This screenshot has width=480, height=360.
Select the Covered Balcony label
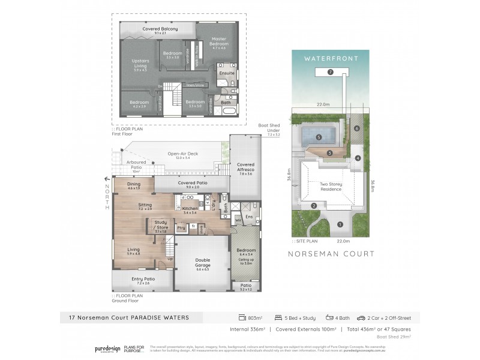click(158, 29)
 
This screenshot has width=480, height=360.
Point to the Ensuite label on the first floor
click(226, 73)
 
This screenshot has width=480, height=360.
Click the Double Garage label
click(203, 263)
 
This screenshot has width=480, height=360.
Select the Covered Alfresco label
click(245, 167)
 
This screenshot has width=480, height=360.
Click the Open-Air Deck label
click(179, 155)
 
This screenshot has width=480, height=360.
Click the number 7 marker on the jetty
click(331, 72)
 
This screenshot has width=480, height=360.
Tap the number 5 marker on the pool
click(319, 137)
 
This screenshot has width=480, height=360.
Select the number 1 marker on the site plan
click(340, 225)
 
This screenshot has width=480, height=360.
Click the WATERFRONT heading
click(331, 59)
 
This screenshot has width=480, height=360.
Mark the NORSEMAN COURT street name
click(331, 254)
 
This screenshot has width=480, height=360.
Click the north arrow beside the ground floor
click(107, 178)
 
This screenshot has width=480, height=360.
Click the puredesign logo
click(107, 349)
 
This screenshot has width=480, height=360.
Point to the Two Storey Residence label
click(331, 187)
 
